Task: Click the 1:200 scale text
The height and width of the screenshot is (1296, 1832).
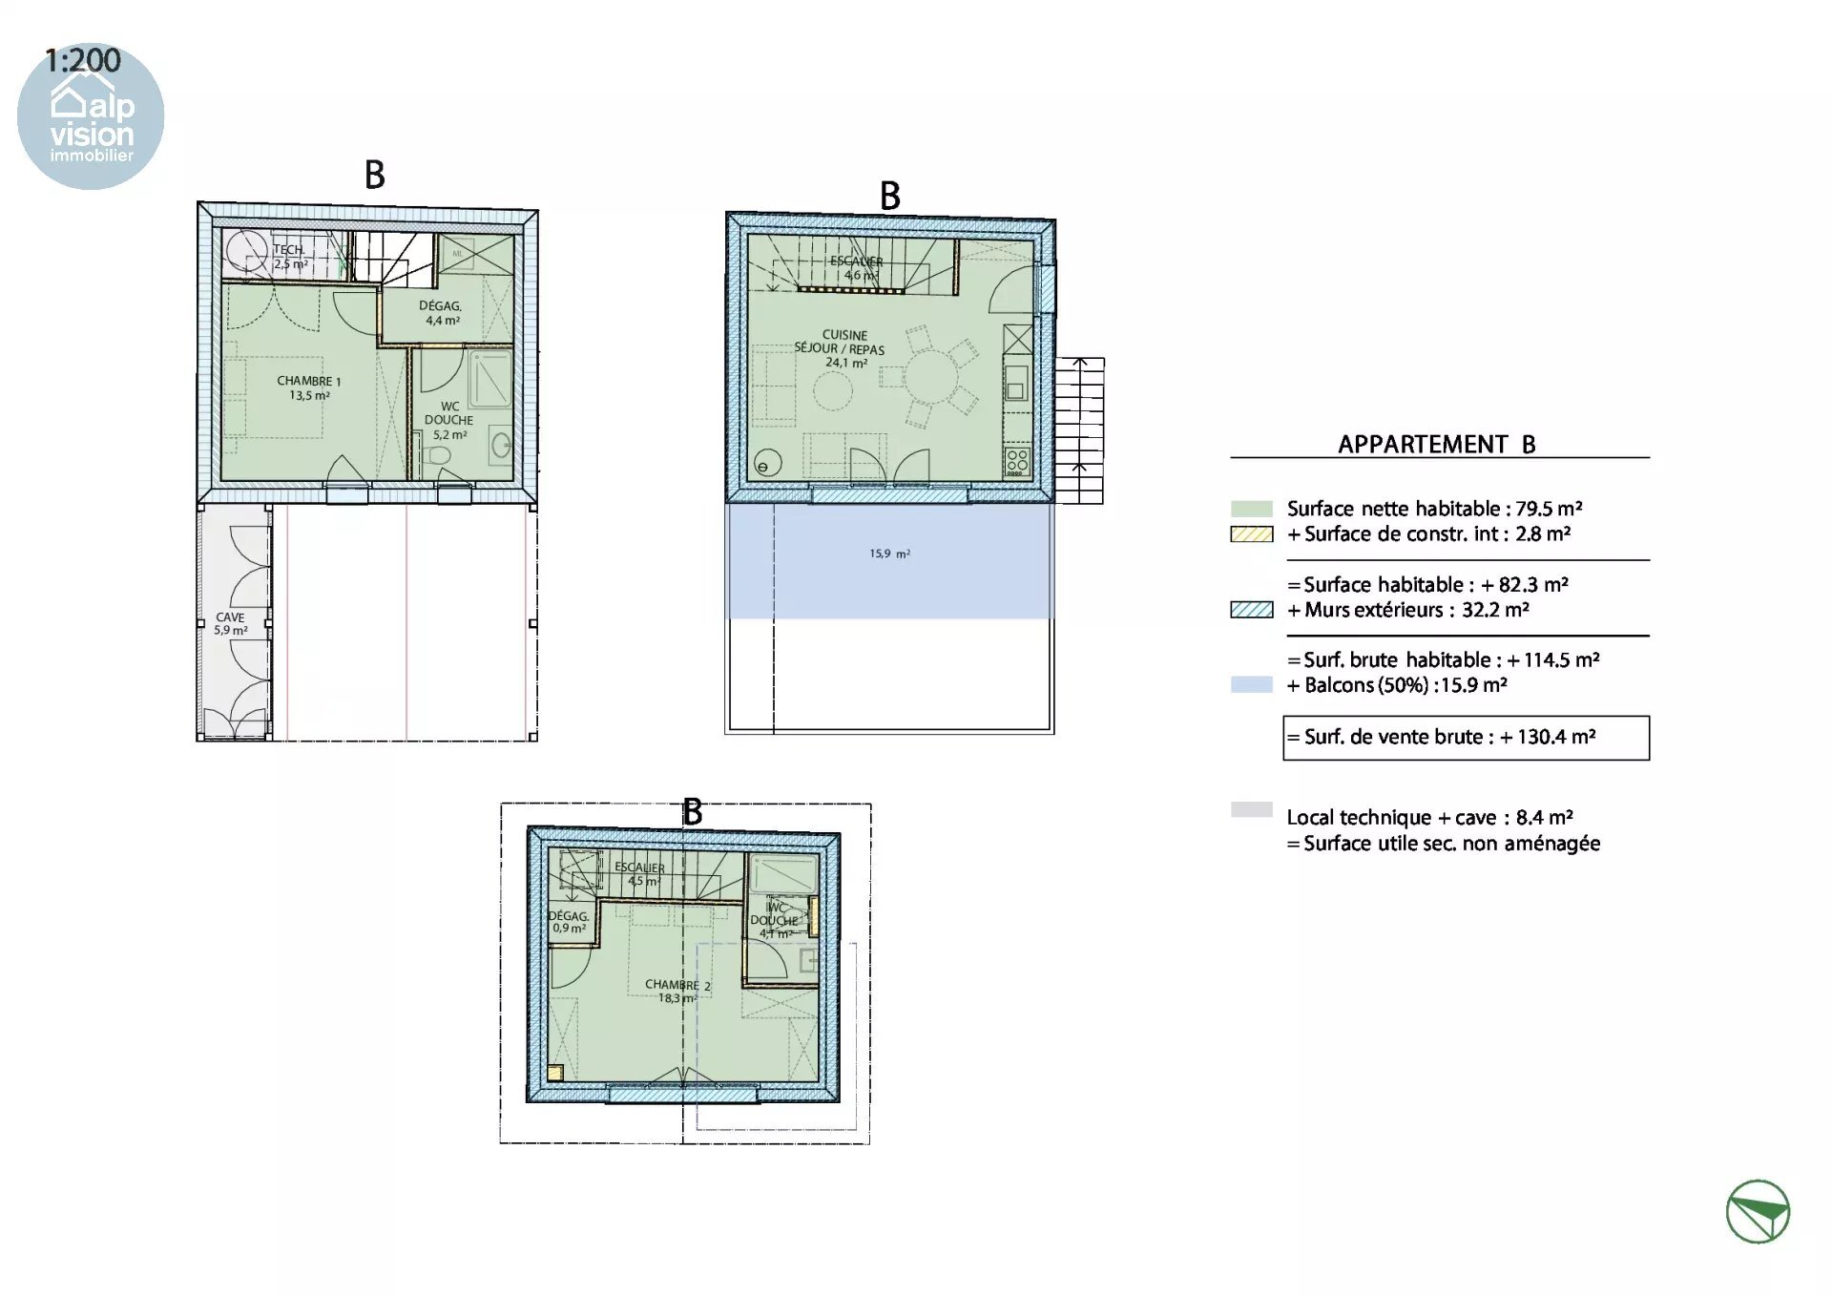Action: [x=83, y=61]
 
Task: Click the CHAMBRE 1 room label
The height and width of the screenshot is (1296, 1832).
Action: [x=308, y=387]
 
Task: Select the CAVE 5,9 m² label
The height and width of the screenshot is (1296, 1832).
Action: [x=230, y=623]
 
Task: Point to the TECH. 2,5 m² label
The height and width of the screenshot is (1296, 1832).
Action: [x=289, y=256]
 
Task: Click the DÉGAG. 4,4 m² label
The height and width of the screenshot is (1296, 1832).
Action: [x=441, y=313]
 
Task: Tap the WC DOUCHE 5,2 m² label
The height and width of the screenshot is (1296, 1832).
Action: [x=448, y=420]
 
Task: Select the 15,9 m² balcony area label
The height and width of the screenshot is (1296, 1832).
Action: [x=889, y=554]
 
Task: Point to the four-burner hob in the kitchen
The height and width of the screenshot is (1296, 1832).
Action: [x=1017, y=462]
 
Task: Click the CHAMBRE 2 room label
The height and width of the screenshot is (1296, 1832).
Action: [x=677, y=991]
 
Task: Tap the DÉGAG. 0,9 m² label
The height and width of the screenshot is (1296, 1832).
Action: [x=569, y=921]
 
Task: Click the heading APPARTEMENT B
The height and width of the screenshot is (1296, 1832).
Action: [x=1436, y=445]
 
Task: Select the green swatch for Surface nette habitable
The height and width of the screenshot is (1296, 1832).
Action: [x=1251, y=509]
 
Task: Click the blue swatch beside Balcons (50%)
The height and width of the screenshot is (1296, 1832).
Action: [x=1251, y=684]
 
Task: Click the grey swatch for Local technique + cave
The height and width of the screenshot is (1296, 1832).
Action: [x=1251, y=809]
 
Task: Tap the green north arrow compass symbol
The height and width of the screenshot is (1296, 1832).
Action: [x=1758, y=1211]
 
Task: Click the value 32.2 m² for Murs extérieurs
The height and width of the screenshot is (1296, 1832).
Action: [x=1495, y=610]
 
